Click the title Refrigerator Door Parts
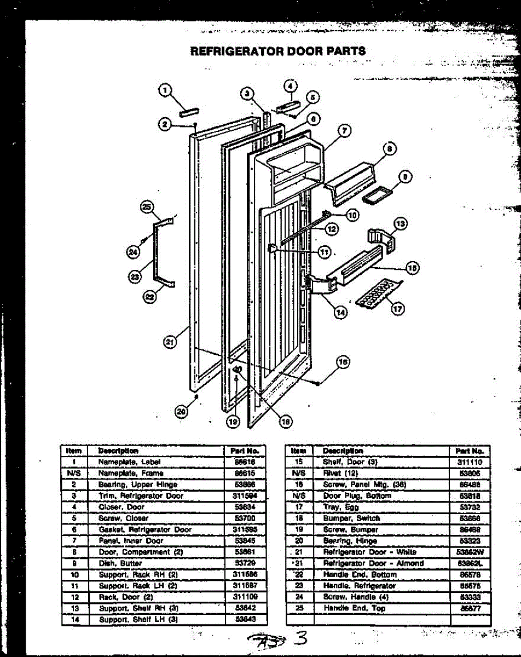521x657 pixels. pyautogui.click(x=277, y=51)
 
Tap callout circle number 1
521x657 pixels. pyautogui.click(x=164, y=91)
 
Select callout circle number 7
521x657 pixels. pyautogui.click(x=344, y=130)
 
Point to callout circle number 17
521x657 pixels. pyautogui.click(x=398, y=309)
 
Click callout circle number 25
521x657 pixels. pyautogui.click(x=146, y=207)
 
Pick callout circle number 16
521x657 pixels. pyautogui.click(x=343, y=362)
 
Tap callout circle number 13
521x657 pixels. pyautogui.click(x=401, y=223)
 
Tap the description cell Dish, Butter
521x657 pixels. pyautogui.click(x=120, y=563)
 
